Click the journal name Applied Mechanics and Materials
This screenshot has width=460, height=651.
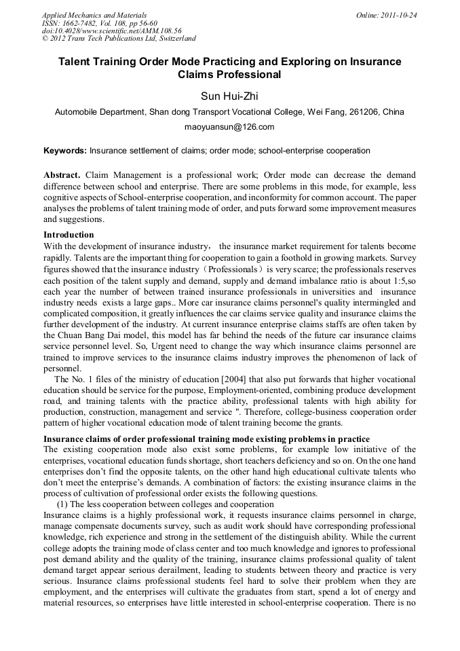94,15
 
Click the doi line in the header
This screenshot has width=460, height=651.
111,31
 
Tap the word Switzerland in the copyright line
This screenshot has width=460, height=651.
174,39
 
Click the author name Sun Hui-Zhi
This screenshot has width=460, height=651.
229,96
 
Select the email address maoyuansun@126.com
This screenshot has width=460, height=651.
229,126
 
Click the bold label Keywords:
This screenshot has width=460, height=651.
65,150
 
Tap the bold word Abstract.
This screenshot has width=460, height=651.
62,174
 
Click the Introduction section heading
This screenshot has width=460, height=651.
69,235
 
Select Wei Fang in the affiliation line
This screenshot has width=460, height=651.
325,111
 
